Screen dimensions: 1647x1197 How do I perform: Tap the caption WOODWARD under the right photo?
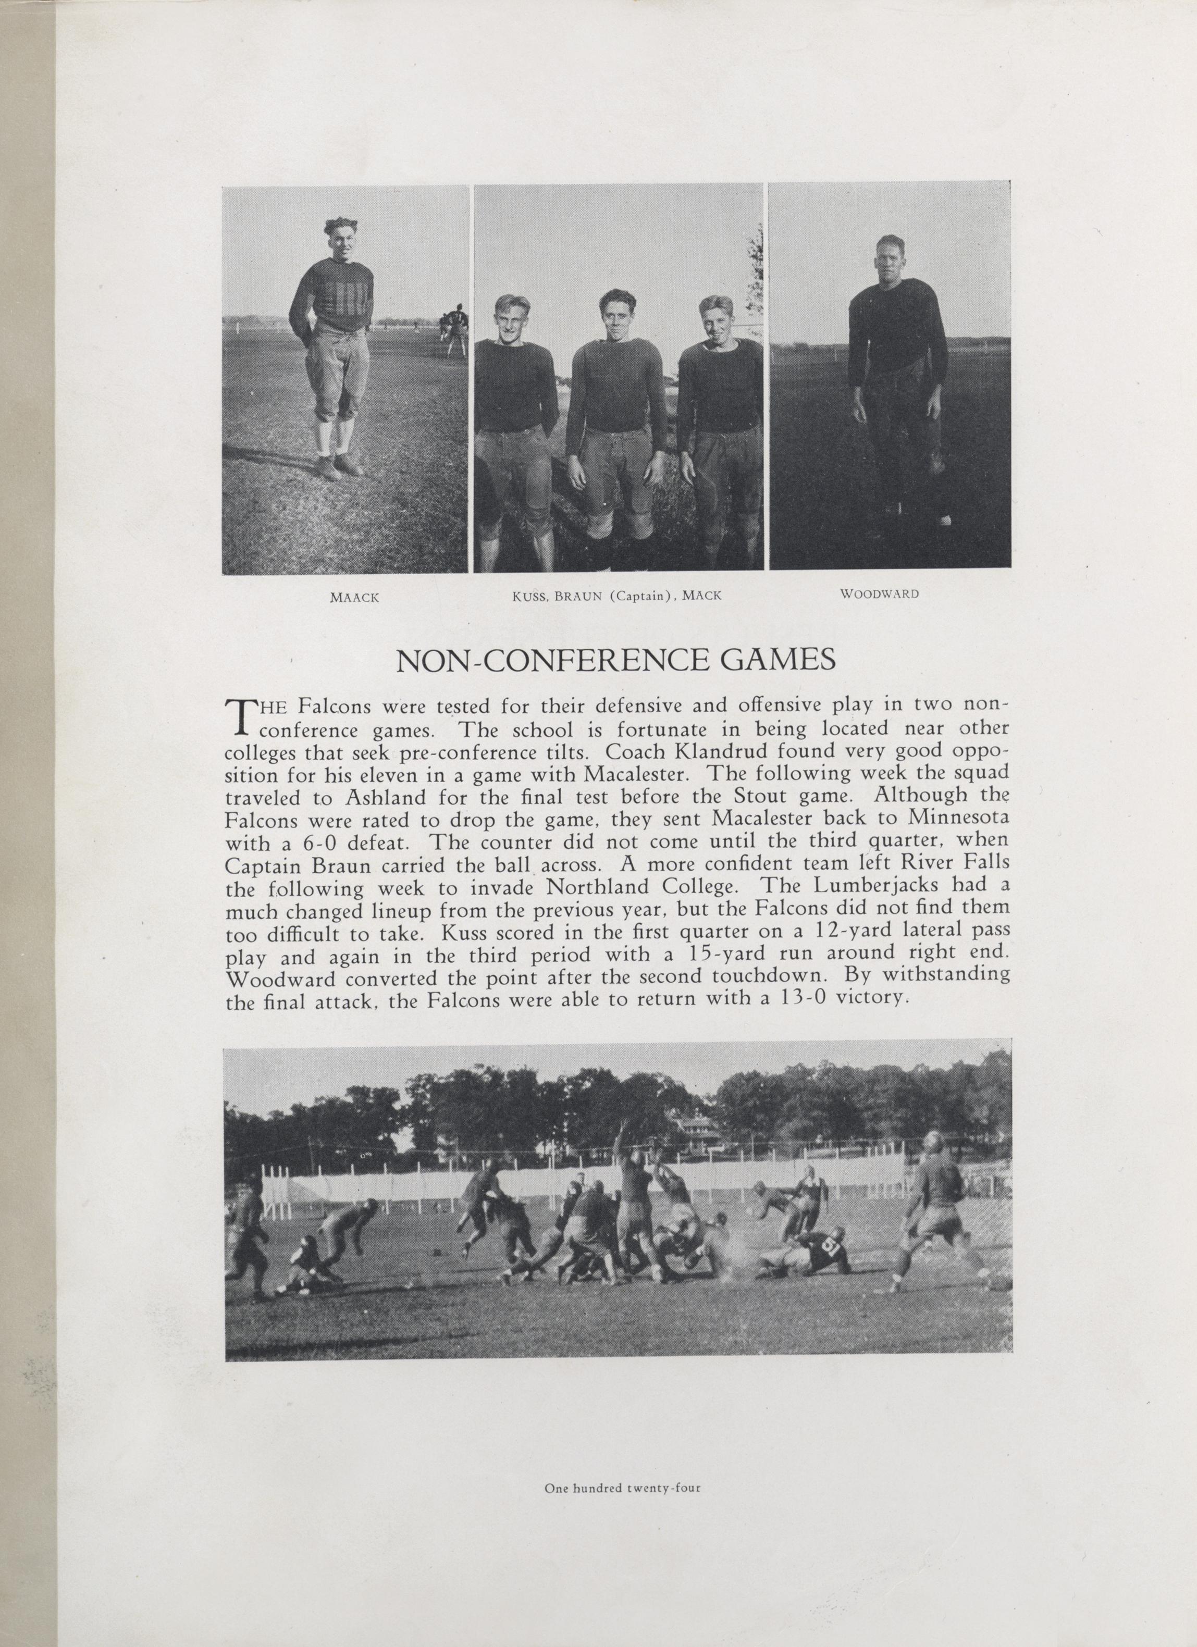879,593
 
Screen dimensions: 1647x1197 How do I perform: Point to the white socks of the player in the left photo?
334,434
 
